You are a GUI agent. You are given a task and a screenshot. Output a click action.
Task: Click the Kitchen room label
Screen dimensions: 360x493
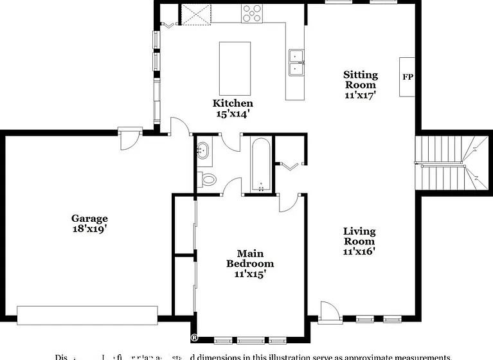click(x=233, y=103)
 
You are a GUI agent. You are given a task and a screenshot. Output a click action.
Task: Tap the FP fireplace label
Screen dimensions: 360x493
click(x=408, y=77)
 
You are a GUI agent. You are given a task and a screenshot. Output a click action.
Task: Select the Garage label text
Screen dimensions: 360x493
click(x=89, y=219)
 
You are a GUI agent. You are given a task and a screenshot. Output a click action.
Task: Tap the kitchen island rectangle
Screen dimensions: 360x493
click(x=235, y=69)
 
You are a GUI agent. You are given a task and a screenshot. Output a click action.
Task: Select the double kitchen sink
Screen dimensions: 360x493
click(x=296, y=62)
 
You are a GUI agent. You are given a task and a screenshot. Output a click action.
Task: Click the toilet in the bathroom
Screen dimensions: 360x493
click(x=207, y=179)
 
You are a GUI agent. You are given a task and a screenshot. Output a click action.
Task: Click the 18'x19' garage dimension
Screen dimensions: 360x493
click(x=89, y=228)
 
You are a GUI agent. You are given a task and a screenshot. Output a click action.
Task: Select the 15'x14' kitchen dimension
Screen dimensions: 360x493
click(x=233, y=113)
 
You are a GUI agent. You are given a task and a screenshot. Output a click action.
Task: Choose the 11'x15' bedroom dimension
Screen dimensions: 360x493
click(x=250, y=274)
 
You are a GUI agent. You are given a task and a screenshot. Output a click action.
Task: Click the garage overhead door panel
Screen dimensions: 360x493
click(x=87, y=315)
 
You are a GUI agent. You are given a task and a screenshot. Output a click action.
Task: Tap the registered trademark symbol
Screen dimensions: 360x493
click(x=193, y=337)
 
